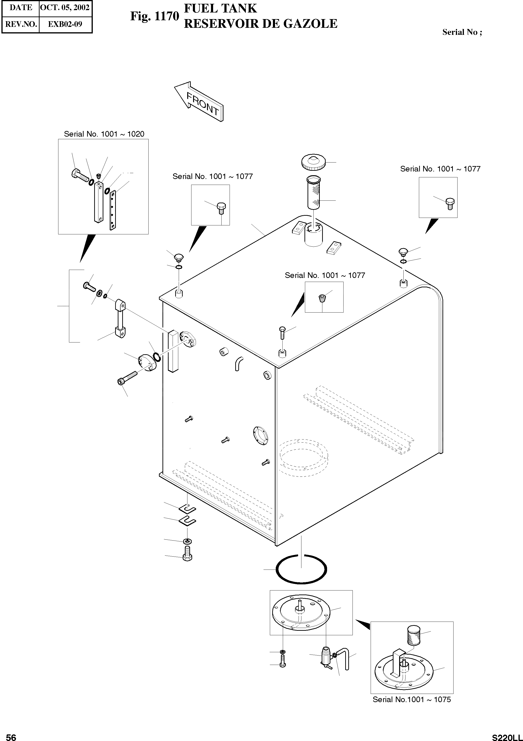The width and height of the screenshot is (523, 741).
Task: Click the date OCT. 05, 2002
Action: tap(65, 8)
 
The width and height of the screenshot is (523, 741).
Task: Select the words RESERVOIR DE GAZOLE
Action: tap(260, 24)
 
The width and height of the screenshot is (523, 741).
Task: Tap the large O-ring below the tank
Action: tap(301, 569)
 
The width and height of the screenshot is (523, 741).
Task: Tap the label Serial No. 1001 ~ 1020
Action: tap(104, 134)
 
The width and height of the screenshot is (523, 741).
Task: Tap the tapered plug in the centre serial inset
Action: tap(321, 297)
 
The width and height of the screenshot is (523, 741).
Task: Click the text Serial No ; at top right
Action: tap(462, 32)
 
